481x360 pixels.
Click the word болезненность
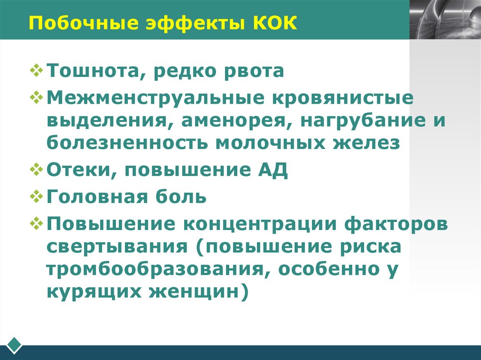coord(128,142)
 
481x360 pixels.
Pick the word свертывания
coord(117,246)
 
